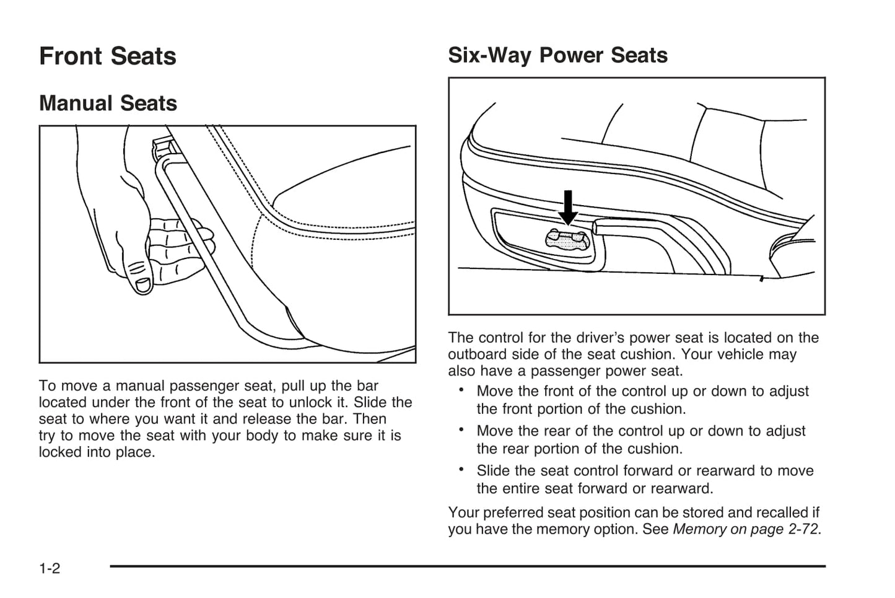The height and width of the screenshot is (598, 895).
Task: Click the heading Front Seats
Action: click(108, 56)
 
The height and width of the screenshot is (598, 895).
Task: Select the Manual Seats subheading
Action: click(108, 103)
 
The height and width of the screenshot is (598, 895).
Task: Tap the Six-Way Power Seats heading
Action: click(557, 55)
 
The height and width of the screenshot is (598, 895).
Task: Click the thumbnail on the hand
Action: click(143, 284)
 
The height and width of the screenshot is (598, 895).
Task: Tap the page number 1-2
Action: click(50, 568)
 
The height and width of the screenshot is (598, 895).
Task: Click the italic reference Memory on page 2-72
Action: click(746, 529)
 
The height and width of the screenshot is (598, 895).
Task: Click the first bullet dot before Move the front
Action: click(461, 390)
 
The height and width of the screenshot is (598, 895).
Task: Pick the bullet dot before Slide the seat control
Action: click(461, 469)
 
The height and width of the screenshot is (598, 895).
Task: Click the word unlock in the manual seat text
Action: click(310, 402)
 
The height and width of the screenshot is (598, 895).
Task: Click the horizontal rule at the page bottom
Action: click(468, 566)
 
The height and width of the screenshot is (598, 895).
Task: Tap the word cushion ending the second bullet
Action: click(655, 449)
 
